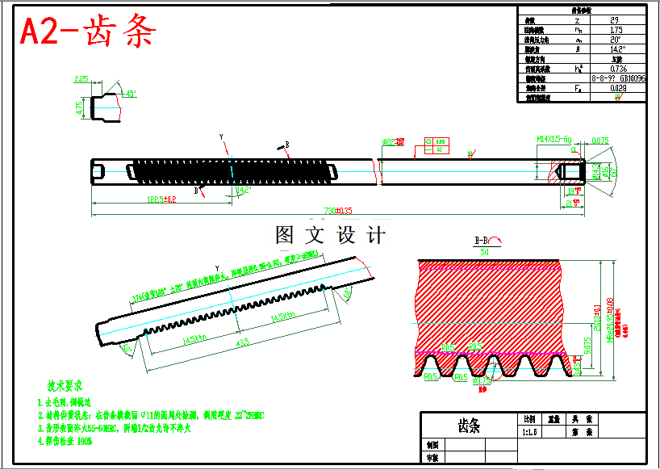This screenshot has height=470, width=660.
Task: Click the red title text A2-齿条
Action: [x=88, y=32]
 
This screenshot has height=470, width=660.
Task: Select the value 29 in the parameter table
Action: [x=615, y=20]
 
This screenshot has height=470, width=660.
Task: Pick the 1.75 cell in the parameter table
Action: [x=615, y=30]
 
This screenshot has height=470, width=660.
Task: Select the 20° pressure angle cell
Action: [x=615, y=40]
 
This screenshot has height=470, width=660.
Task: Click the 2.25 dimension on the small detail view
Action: [x=81, y=79]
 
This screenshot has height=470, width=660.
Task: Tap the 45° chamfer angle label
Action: [x=129, y=94]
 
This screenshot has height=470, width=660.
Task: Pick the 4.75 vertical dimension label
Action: [x=79, y=109]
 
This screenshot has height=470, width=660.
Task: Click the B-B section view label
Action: [x=485, y=241]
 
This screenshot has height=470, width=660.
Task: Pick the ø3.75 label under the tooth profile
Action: [x=481, y=380]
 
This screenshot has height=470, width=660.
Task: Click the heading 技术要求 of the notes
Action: [x=64, y=387]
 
